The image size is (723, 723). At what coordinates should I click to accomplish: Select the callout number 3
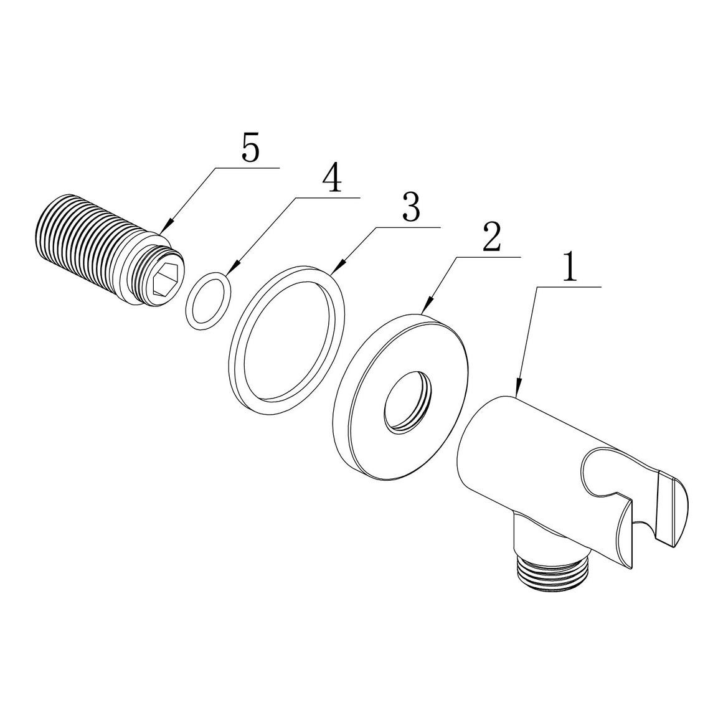coord(411,208)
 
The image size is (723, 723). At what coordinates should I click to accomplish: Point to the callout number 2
coord(491,237)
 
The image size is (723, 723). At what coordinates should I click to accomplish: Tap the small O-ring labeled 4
coord(209,301)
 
